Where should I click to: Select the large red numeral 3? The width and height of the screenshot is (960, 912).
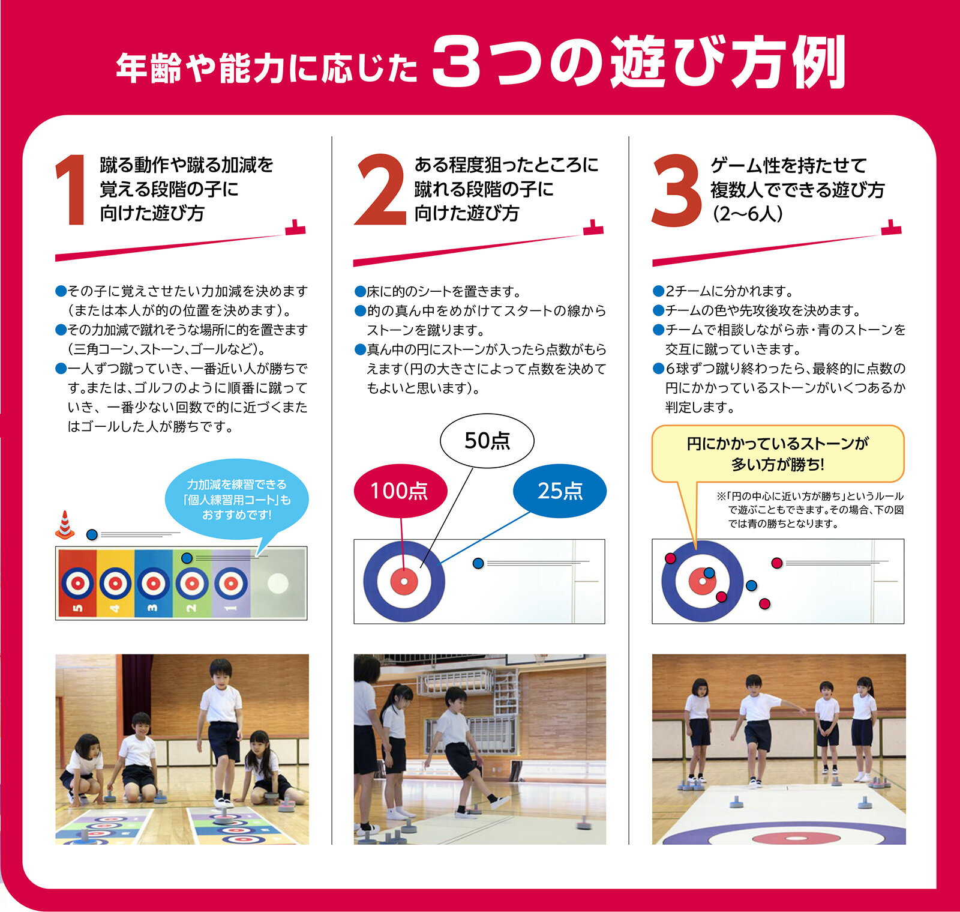(x=676, y=191)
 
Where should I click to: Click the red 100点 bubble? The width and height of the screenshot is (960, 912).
(x=400, y=491)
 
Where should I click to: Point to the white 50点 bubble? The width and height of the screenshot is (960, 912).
(x=487, y=441)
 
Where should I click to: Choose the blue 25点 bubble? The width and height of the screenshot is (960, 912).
(x=560, y=491)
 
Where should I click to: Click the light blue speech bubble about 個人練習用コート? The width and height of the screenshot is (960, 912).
(x=237, y=500)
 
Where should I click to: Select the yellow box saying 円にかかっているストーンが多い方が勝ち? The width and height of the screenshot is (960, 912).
(x=778, y=454)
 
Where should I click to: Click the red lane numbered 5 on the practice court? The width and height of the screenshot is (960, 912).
(x=76, y=584)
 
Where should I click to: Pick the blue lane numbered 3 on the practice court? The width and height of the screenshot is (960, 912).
(x=154, y=584)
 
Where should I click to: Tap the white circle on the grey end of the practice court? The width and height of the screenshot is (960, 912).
(x=278, y=583)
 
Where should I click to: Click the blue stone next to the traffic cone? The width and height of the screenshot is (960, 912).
(x=91, y=534)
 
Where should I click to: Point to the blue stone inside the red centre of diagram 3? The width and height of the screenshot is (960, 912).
(x=709, y=573)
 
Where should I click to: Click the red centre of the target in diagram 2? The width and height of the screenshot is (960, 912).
(x=404, y=581)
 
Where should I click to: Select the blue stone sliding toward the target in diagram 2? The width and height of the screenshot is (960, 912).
(x=478, y=563)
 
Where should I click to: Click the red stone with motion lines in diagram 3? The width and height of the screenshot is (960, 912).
(x=776, y=563)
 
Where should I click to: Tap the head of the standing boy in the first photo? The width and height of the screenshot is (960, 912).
(x=221, y=671)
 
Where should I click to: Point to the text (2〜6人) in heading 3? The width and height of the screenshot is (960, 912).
(x=748, y=214)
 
